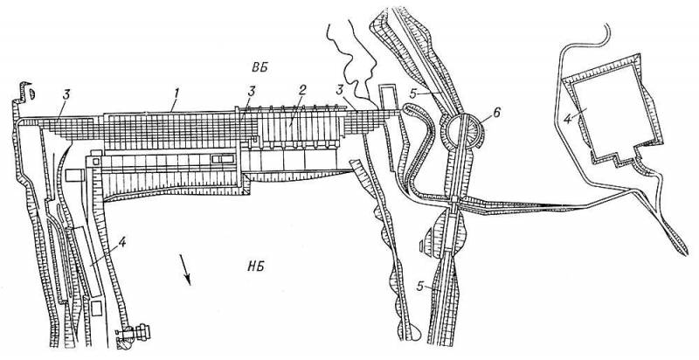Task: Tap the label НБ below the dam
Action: [255, 267]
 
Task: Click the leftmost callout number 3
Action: [67, 94]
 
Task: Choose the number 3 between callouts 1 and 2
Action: [252, 92]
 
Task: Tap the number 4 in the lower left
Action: [122, 243]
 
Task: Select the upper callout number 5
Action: [414, 94]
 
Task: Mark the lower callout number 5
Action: [419, 286]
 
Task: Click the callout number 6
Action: [497, 112]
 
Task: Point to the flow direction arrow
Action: [185, 269]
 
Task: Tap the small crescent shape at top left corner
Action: [31, 94]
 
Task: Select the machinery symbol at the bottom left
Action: [133, 334]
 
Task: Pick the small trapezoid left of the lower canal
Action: [422, 245]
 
